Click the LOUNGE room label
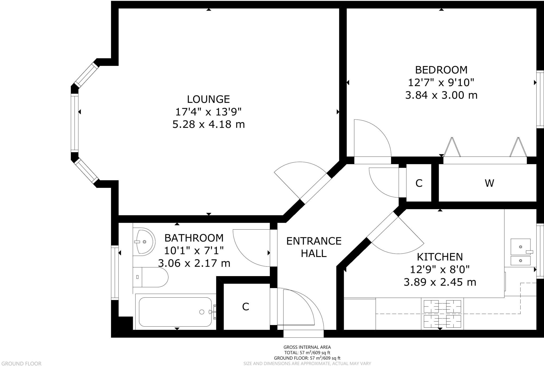coord(208,99)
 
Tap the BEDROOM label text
coord(441,70)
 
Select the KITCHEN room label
coord(440,257)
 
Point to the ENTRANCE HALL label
coord(314,247)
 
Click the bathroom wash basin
coord(143,242)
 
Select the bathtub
coord(175,312)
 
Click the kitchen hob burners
coord(442,314)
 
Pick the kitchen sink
coord(520,252)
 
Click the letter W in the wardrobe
coord(489,183)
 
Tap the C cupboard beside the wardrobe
coord(419,183)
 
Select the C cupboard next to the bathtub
coord(246,307)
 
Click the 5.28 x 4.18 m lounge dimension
coord(209,124)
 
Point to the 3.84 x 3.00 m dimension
coord(441,95)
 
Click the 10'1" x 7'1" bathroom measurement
coord(194,250)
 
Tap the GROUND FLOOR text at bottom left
coord(21,364)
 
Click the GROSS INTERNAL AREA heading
coord(307,347)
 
